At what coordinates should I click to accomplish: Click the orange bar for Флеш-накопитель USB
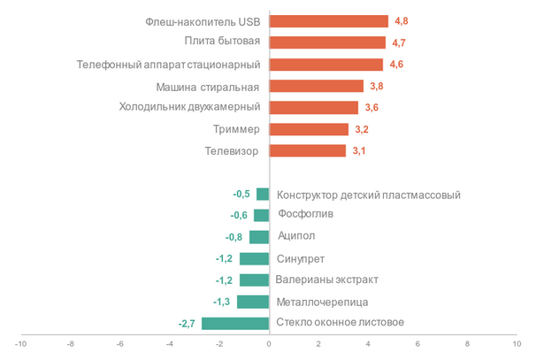coord(328,21)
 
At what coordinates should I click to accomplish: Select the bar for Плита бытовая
coord(327,42)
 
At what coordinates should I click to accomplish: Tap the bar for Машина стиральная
coord(316,86)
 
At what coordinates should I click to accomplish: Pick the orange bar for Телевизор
coord(307,151)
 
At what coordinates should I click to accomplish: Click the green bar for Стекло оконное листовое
coord(235,323)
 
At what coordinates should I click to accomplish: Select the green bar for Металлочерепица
coord(253,302)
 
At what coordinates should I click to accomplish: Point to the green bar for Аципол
coord(259,237)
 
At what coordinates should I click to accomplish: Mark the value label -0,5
coord(241,195)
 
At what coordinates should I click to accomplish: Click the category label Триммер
coord(236,129)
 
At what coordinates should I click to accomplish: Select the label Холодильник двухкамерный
coord(189,107)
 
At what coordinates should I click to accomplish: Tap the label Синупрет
coord(301,258)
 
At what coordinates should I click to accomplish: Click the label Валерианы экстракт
coord(327,280)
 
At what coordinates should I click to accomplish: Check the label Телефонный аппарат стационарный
coord(168,65)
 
